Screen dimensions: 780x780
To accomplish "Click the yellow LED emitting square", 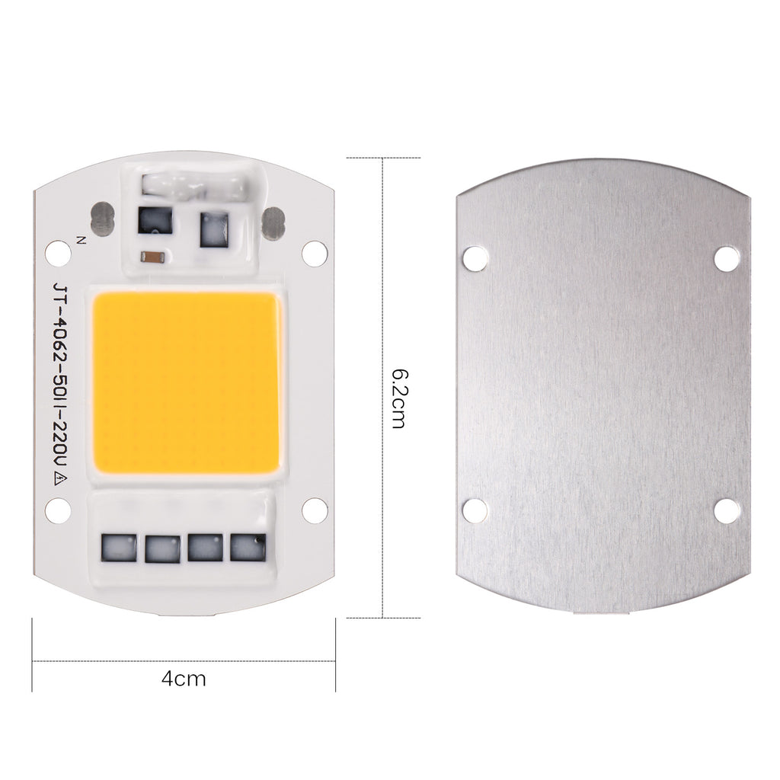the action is point(186,383).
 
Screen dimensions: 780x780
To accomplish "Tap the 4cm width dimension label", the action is point(184,679).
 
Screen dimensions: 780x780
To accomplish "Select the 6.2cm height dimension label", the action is point(399,398).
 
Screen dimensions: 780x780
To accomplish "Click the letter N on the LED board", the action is point(81,240).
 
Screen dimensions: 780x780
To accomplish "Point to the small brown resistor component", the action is point(154,257).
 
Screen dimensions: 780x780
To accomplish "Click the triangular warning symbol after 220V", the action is point(61,480).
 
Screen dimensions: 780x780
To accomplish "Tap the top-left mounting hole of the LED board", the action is point(58,253).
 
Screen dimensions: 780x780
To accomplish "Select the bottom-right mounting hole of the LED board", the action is point(315,510).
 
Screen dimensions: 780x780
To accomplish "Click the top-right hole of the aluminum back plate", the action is point(726,259).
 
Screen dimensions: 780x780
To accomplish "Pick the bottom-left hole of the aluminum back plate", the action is point(475,510).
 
